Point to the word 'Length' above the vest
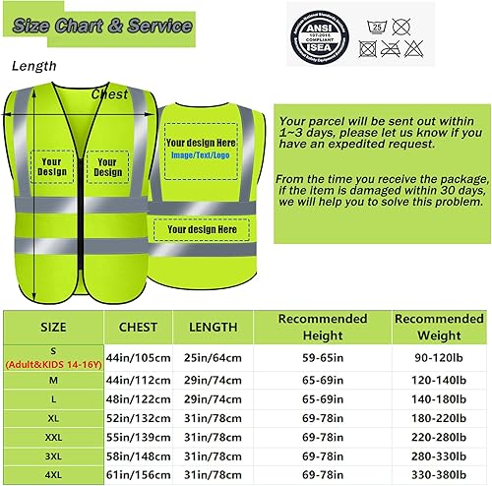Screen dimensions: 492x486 click(x=34, y=66)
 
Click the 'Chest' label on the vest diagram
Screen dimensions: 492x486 click(x=110, y=94)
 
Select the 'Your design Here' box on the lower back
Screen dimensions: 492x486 click(x=201, y=229)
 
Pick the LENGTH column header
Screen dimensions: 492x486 click(x=214, y=327)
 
